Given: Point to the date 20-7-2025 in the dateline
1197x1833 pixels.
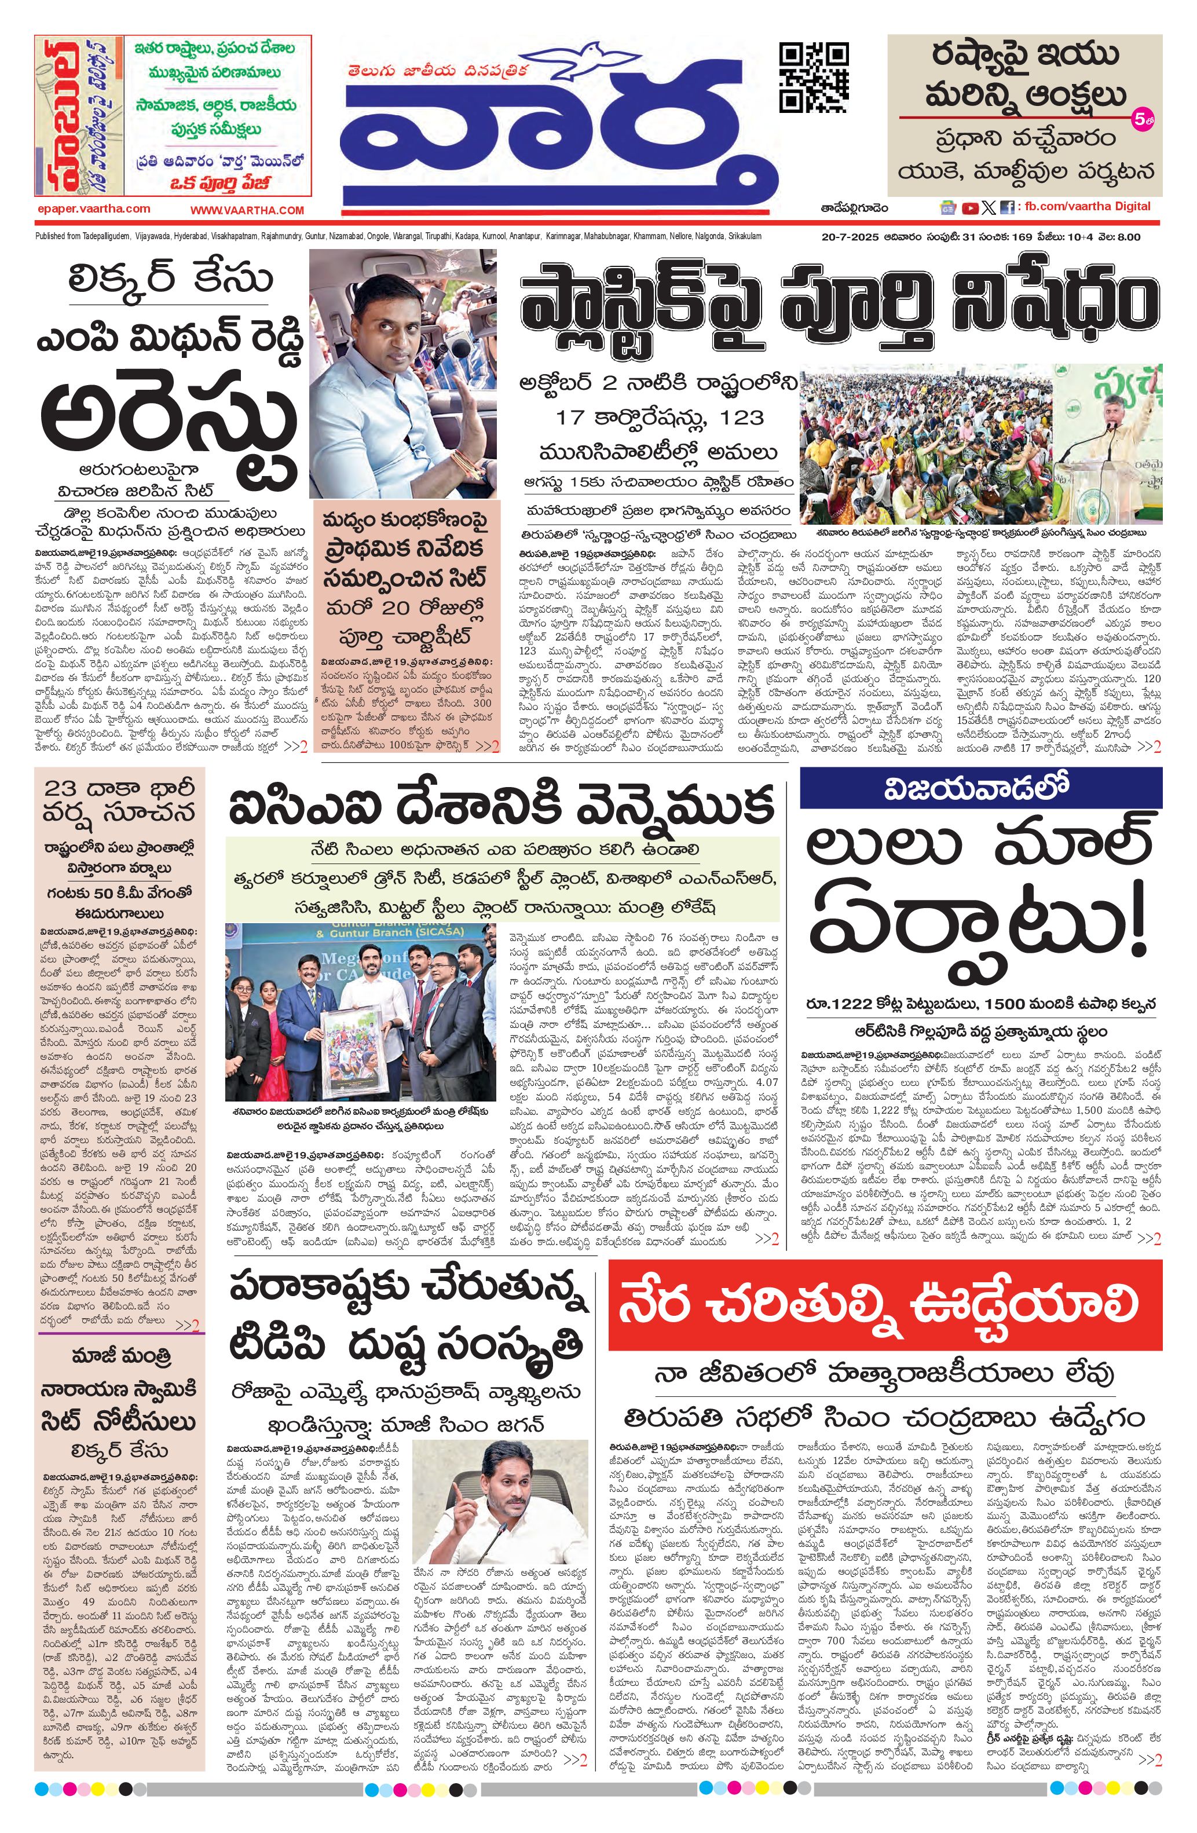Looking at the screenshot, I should [847, 237].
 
